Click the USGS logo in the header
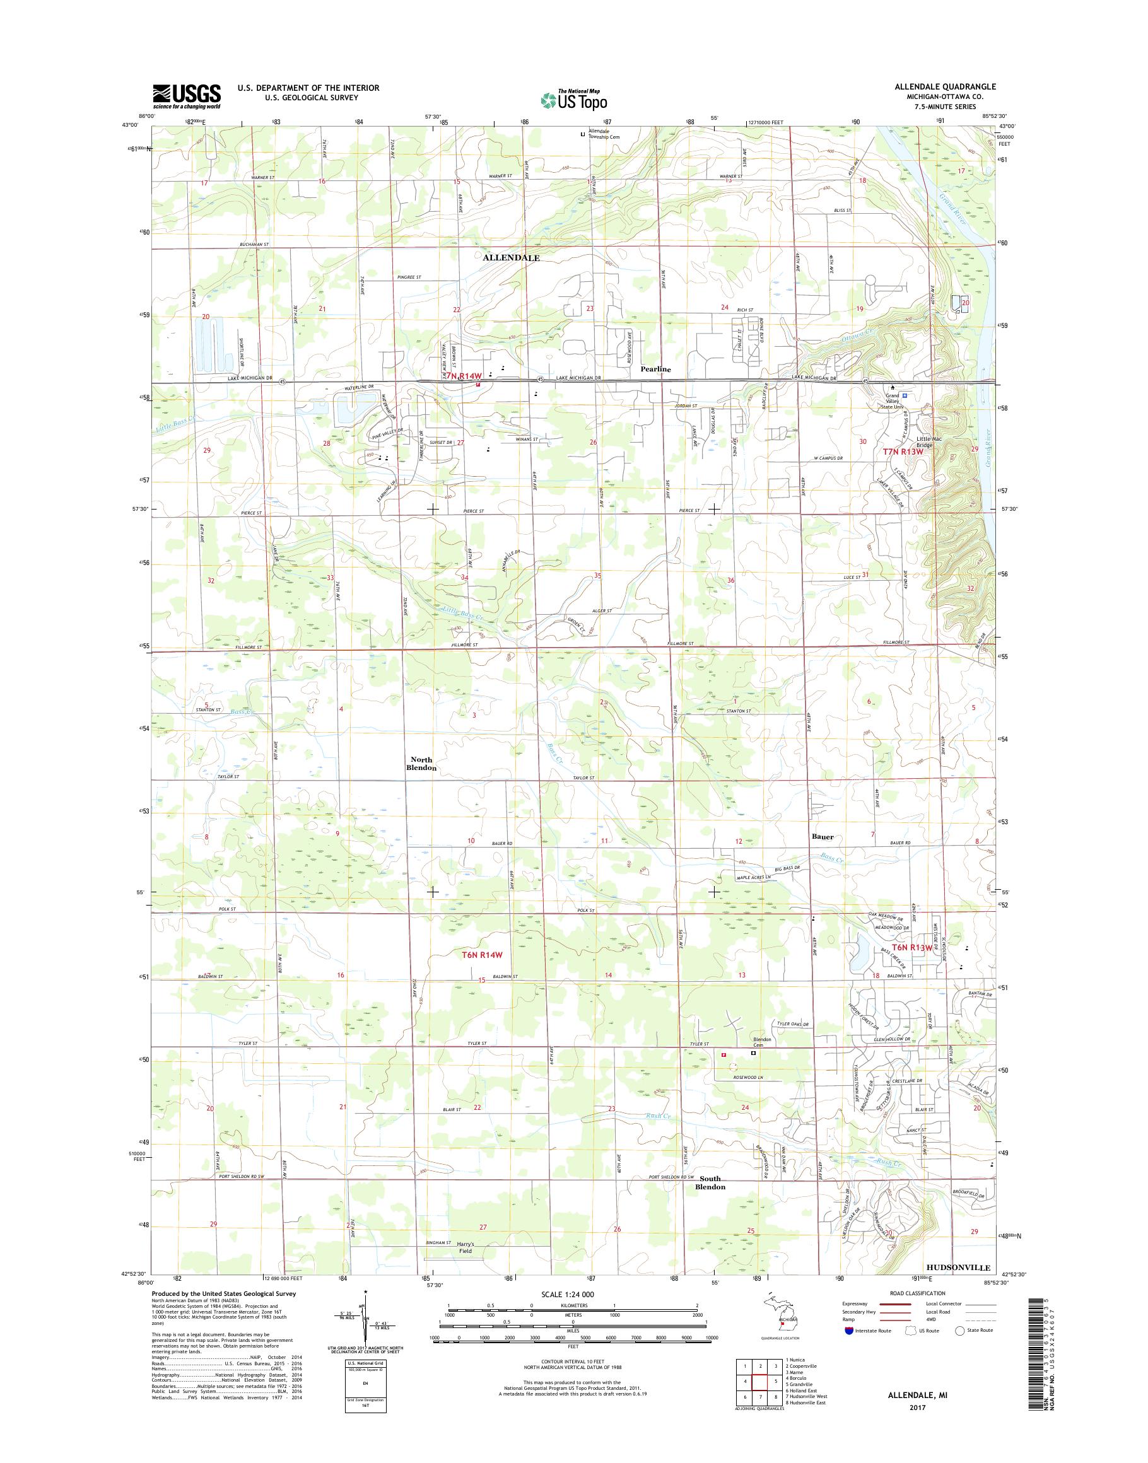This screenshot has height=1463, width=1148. tap(186, 96)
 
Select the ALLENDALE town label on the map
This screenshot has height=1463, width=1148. tap(511, 257)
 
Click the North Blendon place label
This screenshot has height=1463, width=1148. tap(421, 764)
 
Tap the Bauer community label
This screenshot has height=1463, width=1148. tap(823, 837)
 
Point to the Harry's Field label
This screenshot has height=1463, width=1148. tap(465, 1247)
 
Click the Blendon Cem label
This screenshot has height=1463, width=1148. tap(761, 1042)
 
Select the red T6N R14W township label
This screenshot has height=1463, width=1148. tap(483, 954)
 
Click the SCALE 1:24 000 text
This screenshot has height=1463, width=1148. tap(567, 1293)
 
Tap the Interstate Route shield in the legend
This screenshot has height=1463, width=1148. tap(848, 1331)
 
